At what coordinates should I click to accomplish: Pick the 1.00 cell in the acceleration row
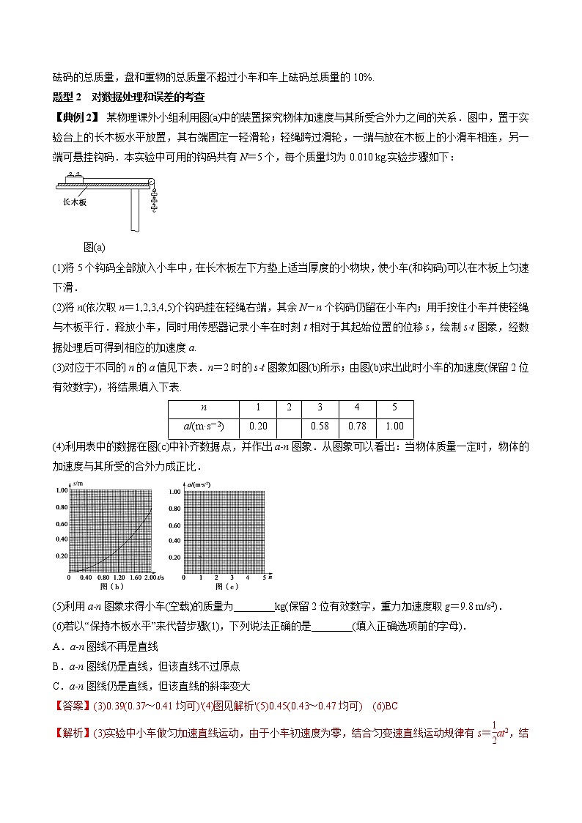click(394, 428)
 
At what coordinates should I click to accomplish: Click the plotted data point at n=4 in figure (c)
click(248, 509)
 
